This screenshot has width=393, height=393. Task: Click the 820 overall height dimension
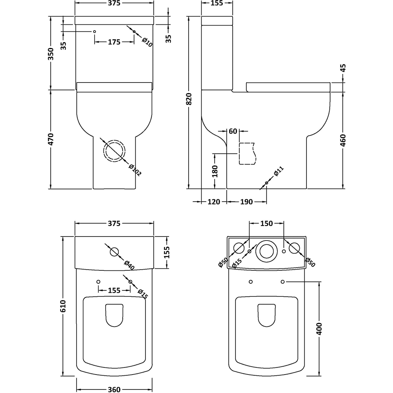click(x=189, y=99)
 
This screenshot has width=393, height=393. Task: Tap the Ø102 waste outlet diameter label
click(x=135, y=170)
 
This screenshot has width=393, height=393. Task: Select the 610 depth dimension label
click(x=62, y=306)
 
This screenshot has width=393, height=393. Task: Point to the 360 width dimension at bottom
click(x=114, y=389)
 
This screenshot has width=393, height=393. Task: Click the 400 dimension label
click(x=319, y=329)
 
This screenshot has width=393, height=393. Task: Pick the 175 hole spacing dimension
click(x=114, y=42)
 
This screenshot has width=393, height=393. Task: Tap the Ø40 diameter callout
click(x=129, y=265)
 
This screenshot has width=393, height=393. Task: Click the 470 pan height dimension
click(x=51, y=140)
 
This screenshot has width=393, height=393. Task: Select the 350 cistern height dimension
click(x=51, y=54)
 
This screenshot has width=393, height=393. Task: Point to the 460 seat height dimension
click(x=343, y=140)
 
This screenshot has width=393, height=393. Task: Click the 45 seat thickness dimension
click(x=343, y=68)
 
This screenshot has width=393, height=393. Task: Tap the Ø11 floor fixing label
click(x=279, y=171)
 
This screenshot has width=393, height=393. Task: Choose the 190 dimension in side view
click(x=246, y=202)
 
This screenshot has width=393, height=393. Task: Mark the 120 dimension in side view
click(x=214, y=202)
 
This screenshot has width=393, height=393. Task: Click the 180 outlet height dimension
click(x=215, y=171)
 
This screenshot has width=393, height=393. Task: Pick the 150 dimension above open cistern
click(x=266, y=223)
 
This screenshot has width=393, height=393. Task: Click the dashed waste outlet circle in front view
click(x=114, y=151)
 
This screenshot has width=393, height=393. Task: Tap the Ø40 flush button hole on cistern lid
click(x=114, y=252)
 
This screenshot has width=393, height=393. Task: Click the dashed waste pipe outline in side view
click(x=247, y=154)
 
